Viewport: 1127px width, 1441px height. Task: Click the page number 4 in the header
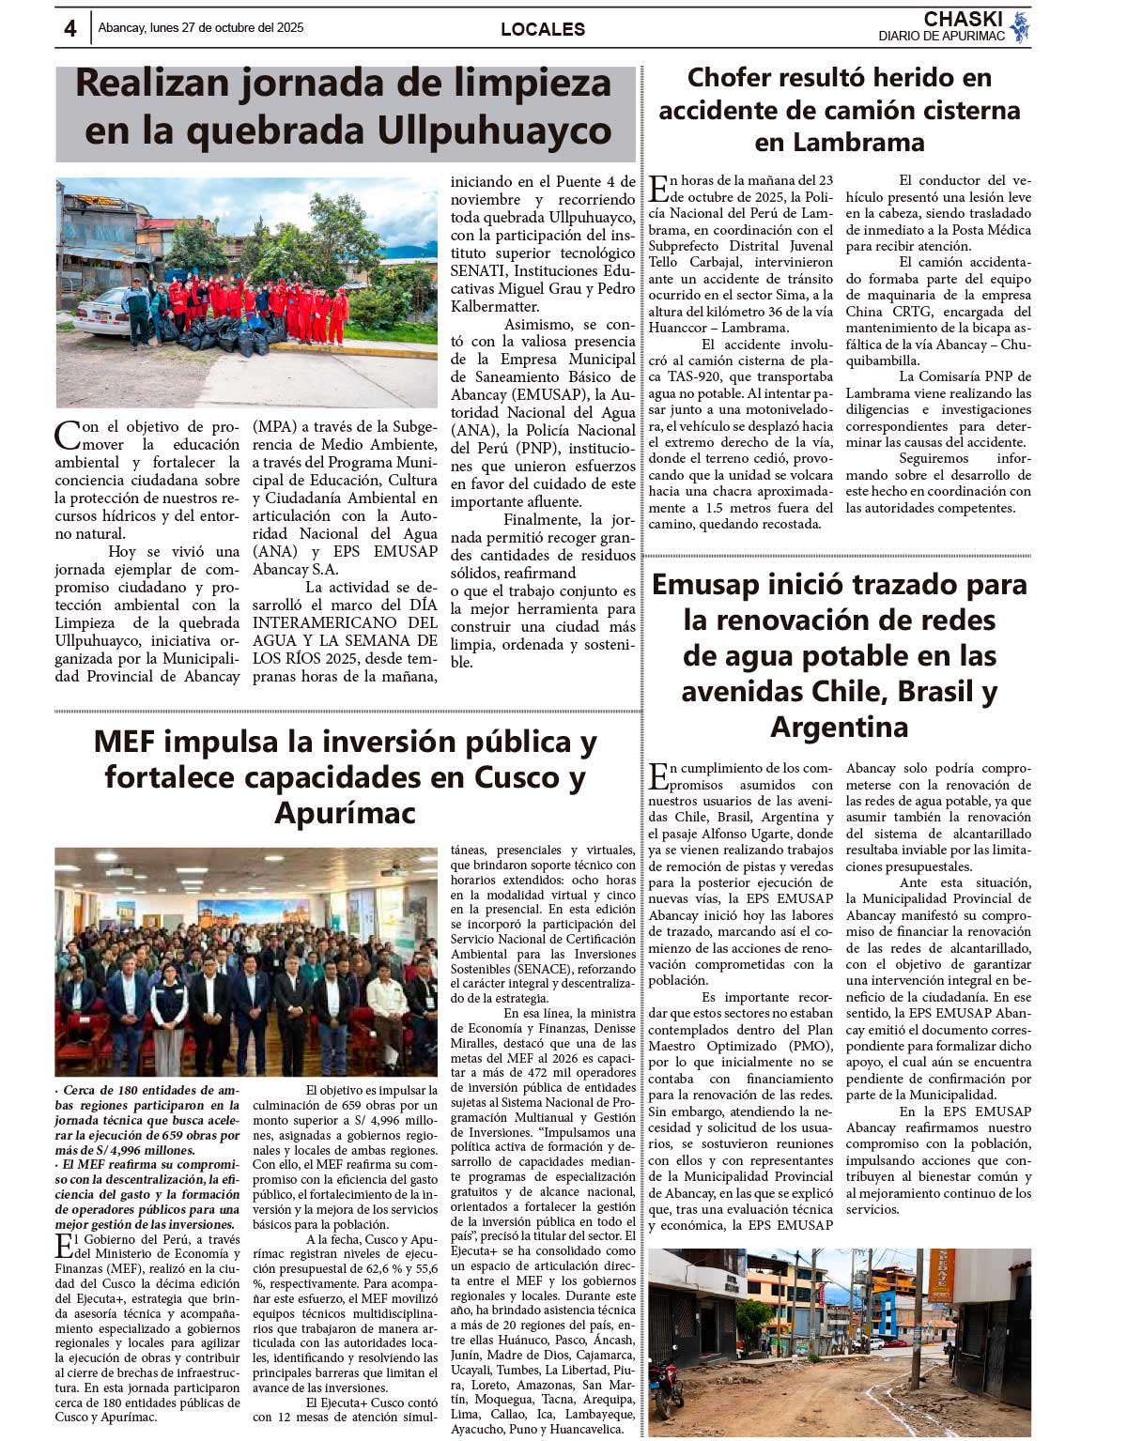click(70, 28)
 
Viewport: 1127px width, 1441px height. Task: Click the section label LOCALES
click(543, 29)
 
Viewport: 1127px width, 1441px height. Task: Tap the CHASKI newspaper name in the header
click(963, 19)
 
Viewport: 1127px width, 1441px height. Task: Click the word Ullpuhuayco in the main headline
click(494, 131)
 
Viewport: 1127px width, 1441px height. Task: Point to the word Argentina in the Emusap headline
click(839, 727)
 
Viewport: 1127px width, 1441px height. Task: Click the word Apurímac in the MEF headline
click(345, 813)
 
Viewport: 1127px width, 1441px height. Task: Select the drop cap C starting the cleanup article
click(67, 436)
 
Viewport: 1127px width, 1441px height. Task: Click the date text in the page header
click(201, 28)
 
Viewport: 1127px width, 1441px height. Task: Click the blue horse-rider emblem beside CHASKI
click(1020, 27)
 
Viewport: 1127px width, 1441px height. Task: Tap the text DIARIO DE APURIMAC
click(941, 36)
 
